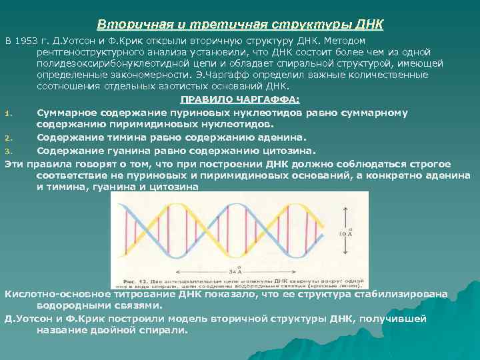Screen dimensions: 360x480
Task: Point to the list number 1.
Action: (x=7, y=113)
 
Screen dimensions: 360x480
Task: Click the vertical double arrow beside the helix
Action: (x=346, y=230)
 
